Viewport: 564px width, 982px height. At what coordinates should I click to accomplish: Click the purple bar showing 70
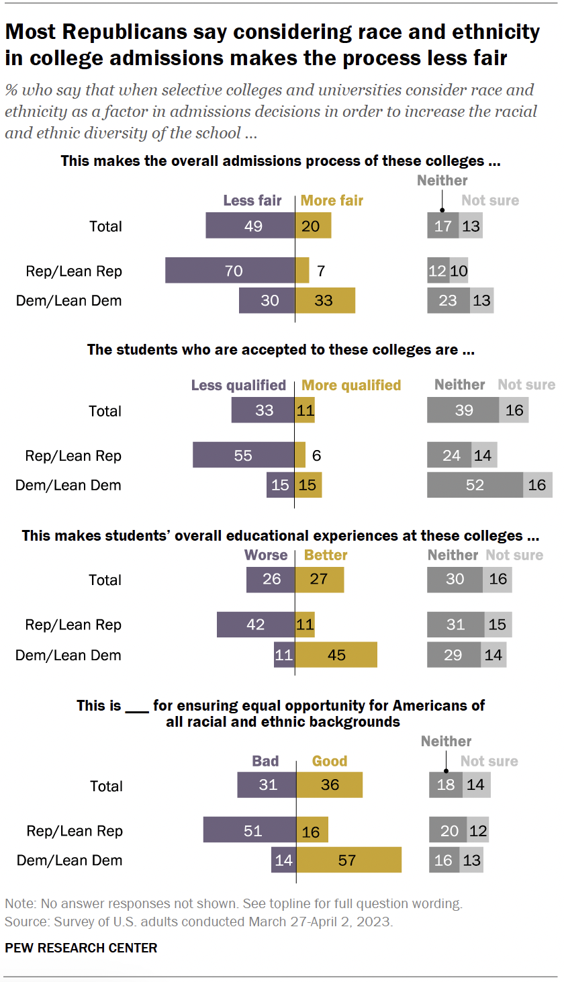click(230, 271)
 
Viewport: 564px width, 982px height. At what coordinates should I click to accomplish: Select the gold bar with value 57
click(348, 860)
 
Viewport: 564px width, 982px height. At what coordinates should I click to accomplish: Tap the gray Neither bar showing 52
click(475, 484)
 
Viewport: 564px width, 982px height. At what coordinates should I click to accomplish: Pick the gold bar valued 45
click(336, 654)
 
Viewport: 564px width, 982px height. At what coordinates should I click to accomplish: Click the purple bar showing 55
click(243, 455)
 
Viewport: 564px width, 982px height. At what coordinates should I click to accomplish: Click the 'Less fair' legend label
click(252, 201)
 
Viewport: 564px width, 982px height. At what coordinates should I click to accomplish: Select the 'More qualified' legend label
click(351, 386)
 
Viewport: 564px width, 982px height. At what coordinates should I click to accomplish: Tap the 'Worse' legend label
click(267, 555)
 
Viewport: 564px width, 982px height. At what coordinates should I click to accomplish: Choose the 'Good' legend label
click(330, 761)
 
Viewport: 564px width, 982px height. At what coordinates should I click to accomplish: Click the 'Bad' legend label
click(265, 761)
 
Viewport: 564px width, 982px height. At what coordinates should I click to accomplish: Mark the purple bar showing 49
click(250, 226)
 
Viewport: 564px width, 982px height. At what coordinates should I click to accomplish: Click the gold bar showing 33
click(325, 300)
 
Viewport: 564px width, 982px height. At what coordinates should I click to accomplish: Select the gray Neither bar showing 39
click(463, 410)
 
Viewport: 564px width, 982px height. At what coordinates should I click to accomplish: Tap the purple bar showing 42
click(255, 624)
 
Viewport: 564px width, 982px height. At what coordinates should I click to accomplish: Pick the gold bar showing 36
click(329, 785)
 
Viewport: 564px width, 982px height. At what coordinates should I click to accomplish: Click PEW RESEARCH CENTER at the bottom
click(81, 948)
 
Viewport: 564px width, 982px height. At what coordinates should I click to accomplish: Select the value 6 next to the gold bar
click(316, 455)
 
